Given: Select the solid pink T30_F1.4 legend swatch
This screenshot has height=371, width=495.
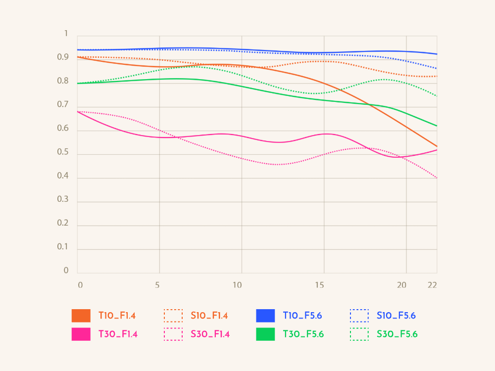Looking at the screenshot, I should [81, 334].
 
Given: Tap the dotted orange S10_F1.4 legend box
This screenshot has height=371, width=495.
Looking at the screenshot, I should [173, 316].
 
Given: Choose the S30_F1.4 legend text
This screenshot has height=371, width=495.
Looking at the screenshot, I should [210, 334].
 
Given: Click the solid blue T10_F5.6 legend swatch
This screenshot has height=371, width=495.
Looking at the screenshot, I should [265, 316].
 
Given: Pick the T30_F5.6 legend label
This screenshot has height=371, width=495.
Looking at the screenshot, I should [303, 334].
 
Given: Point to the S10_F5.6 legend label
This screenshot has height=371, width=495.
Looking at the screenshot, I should [396, 316].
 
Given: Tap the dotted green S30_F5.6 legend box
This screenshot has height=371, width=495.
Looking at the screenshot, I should [359, 334].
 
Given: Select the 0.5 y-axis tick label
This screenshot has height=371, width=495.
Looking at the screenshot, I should [63, 152].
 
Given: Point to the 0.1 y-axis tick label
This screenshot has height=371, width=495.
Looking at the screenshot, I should [63, 247].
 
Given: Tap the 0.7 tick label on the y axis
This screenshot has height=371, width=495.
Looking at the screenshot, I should [63, 105].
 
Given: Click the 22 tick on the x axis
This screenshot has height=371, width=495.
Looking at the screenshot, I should [432, 285].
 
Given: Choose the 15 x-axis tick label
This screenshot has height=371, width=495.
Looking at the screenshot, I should [320, 285].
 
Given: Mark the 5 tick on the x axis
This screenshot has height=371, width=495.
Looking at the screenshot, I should [157, 285].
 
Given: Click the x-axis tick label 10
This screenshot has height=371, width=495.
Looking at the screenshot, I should [238, 285].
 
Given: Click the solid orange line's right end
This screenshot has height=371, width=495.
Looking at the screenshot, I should [437, 146].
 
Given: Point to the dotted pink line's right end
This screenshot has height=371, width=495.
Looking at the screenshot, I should [437, 178].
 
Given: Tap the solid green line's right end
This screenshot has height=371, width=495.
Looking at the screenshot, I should [437, 126].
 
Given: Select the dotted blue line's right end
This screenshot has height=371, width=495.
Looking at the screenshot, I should [437, 69].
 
